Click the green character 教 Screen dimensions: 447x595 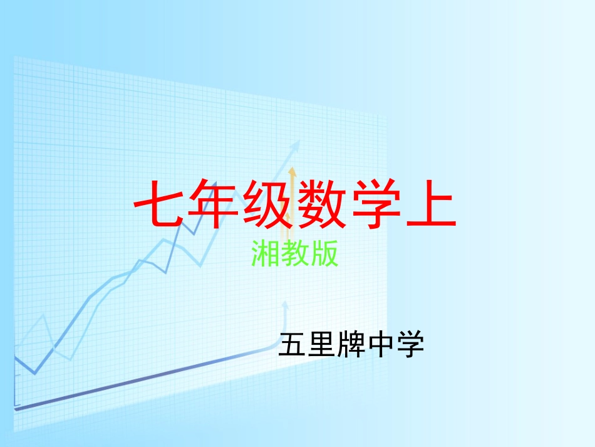[x=295, y=255]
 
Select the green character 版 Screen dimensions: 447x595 [x=324, y=255]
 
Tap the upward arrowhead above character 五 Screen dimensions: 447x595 [x=285, y=305]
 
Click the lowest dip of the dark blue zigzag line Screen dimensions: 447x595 [x=34, y=374]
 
